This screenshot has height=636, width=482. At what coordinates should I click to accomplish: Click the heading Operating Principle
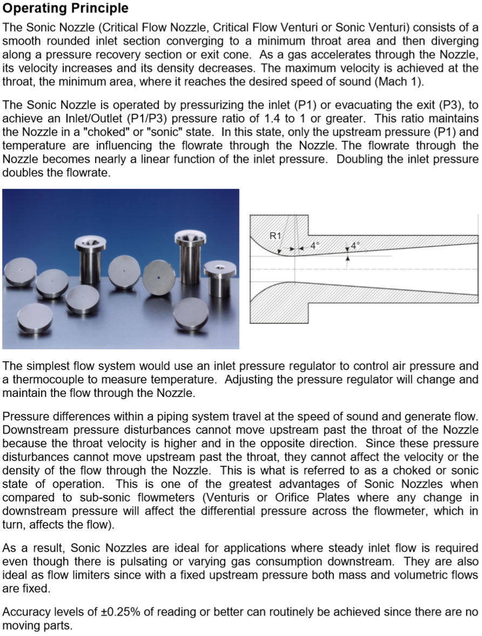click(65, 9)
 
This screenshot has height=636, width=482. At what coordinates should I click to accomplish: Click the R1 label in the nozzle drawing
click(275, 235)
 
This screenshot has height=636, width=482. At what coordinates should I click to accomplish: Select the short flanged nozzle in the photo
click(220, 278)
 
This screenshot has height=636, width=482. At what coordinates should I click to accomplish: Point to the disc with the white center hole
click(124, 271)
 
